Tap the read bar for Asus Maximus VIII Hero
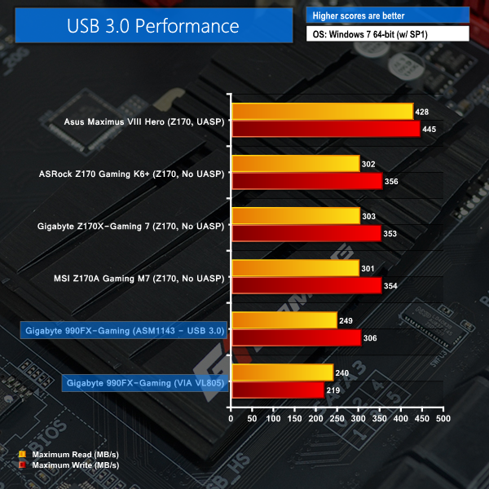pos(323,112)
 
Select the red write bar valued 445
pos(326,129)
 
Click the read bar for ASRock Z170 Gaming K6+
pos(296,164)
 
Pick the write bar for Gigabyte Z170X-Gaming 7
pos(306,233)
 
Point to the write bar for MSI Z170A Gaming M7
pos(306,285)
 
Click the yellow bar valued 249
pos(284,319)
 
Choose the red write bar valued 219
pos(278,390)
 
